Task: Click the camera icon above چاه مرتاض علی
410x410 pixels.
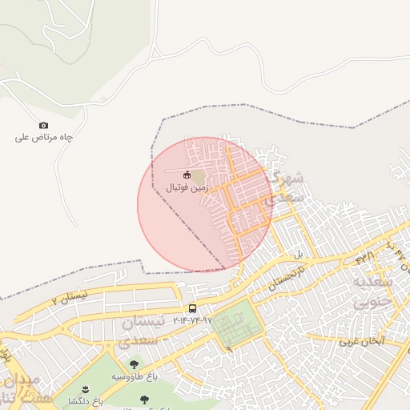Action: [43, 125]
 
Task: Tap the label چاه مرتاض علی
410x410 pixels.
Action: [44, 138]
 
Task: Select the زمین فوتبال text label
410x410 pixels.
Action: [187, 187]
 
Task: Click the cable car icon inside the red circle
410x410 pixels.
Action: [187, 175]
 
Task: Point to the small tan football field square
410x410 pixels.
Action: [198, 175]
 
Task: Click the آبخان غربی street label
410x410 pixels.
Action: [361, 341]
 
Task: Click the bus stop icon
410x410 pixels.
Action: [192, 308]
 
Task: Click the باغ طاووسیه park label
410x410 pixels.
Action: [128, 376]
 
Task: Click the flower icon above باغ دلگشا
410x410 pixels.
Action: [86, 388]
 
